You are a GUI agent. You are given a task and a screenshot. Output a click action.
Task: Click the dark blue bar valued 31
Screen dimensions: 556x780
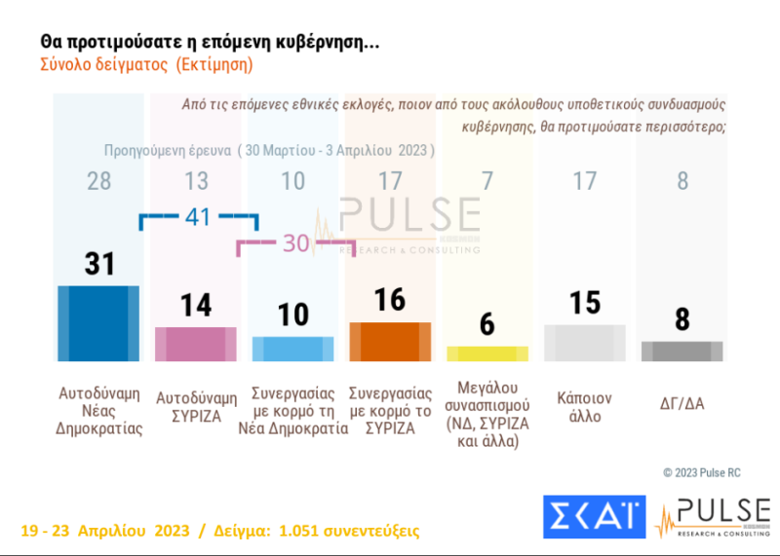[98, 323]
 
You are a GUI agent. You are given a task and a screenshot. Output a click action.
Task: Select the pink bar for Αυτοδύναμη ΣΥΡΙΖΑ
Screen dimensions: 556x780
[196, 344]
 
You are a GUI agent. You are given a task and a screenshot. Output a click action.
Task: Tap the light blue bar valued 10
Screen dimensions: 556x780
[292, 349]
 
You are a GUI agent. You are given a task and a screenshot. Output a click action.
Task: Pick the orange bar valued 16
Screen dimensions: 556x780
[390, 341]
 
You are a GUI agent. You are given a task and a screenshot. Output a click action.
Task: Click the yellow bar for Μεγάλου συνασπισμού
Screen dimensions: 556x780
[487, 352]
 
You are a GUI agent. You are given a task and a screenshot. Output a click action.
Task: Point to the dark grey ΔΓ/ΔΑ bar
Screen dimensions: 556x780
[682, 351]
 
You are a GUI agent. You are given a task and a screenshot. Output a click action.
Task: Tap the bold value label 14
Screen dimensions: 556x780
[196, 305]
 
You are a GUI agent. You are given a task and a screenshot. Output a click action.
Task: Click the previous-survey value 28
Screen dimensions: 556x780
[97, 181]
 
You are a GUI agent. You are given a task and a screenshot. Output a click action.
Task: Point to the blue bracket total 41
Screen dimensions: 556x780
[199, 218]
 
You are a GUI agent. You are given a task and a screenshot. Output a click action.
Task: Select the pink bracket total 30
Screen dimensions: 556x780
[295, 243]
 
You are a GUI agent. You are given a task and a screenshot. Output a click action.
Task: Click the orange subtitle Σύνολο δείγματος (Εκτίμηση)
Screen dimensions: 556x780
[146, 66]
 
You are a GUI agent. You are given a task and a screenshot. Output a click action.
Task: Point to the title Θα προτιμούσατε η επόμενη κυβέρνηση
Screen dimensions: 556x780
[209, 42]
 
